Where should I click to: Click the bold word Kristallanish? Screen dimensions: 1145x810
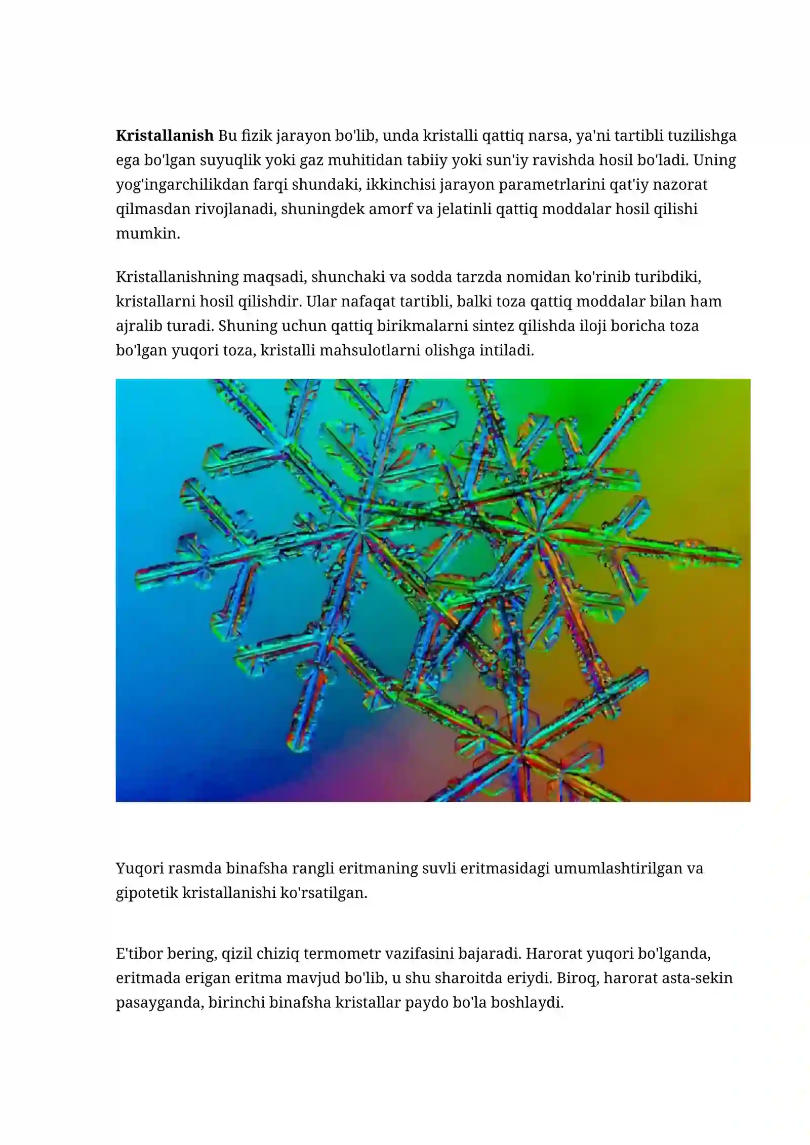pos(165,136)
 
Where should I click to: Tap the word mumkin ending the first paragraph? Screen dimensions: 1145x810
pos(148,233)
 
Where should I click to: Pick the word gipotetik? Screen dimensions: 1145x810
pos(147,892)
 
